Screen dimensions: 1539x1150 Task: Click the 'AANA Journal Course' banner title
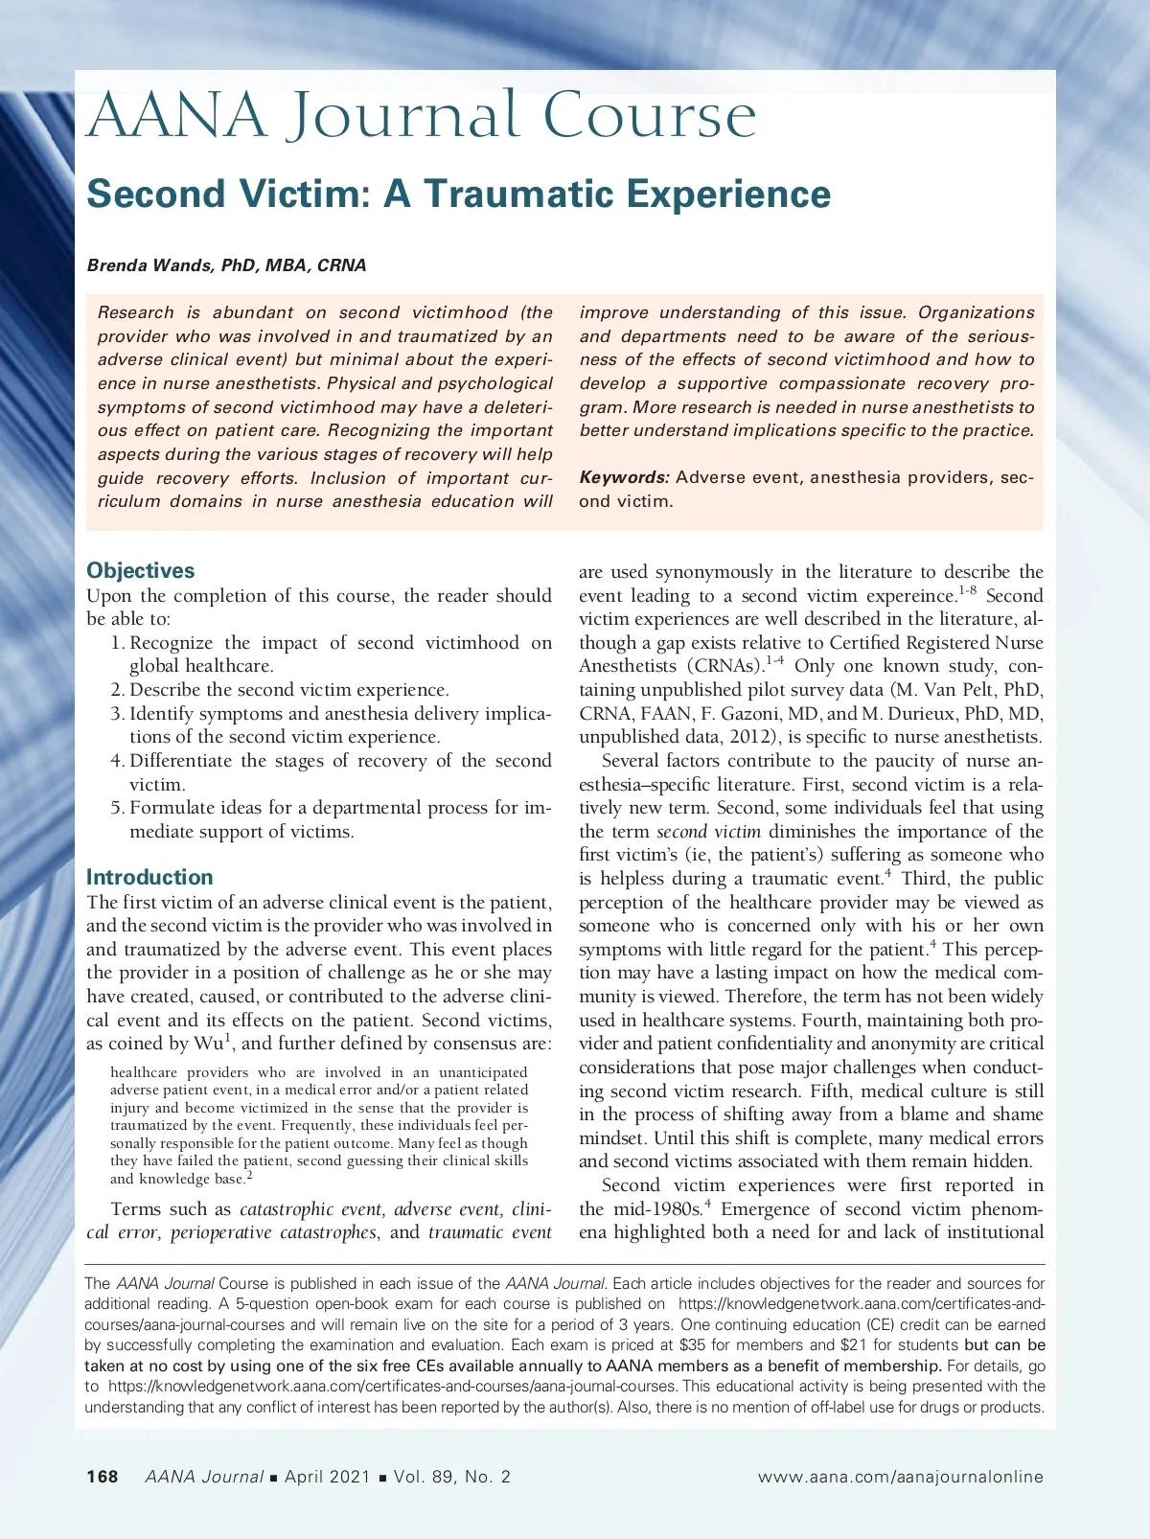pyautogui.click(x=422, y=117)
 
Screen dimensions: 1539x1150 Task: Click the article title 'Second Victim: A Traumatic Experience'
pyautogui.click(x=458, y=195)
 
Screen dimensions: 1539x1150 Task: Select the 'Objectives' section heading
pyautogui.click(x=140, y=571)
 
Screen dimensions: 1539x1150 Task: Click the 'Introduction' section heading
pyautogui.click(x=149, y=878)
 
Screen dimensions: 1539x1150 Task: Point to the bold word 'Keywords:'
pyautogui.click(x=624, y=477)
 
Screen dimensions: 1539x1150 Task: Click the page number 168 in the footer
pyautogui.click(x=103, y=1477)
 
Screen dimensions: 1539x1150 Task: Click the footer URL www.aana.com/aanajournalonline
pyautogui.click(x=900, y=1477)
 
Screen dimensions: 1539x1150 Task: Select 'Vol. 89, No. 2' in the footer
pyautogui.click(x=452, y=1477)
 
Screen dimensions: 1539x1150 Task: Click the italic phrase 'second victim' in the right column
pyautogui.click(x=708, y=832)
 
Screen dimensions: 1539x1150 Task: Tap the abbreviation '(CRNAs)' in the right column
pyautogui.click(x=724, y=666)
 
